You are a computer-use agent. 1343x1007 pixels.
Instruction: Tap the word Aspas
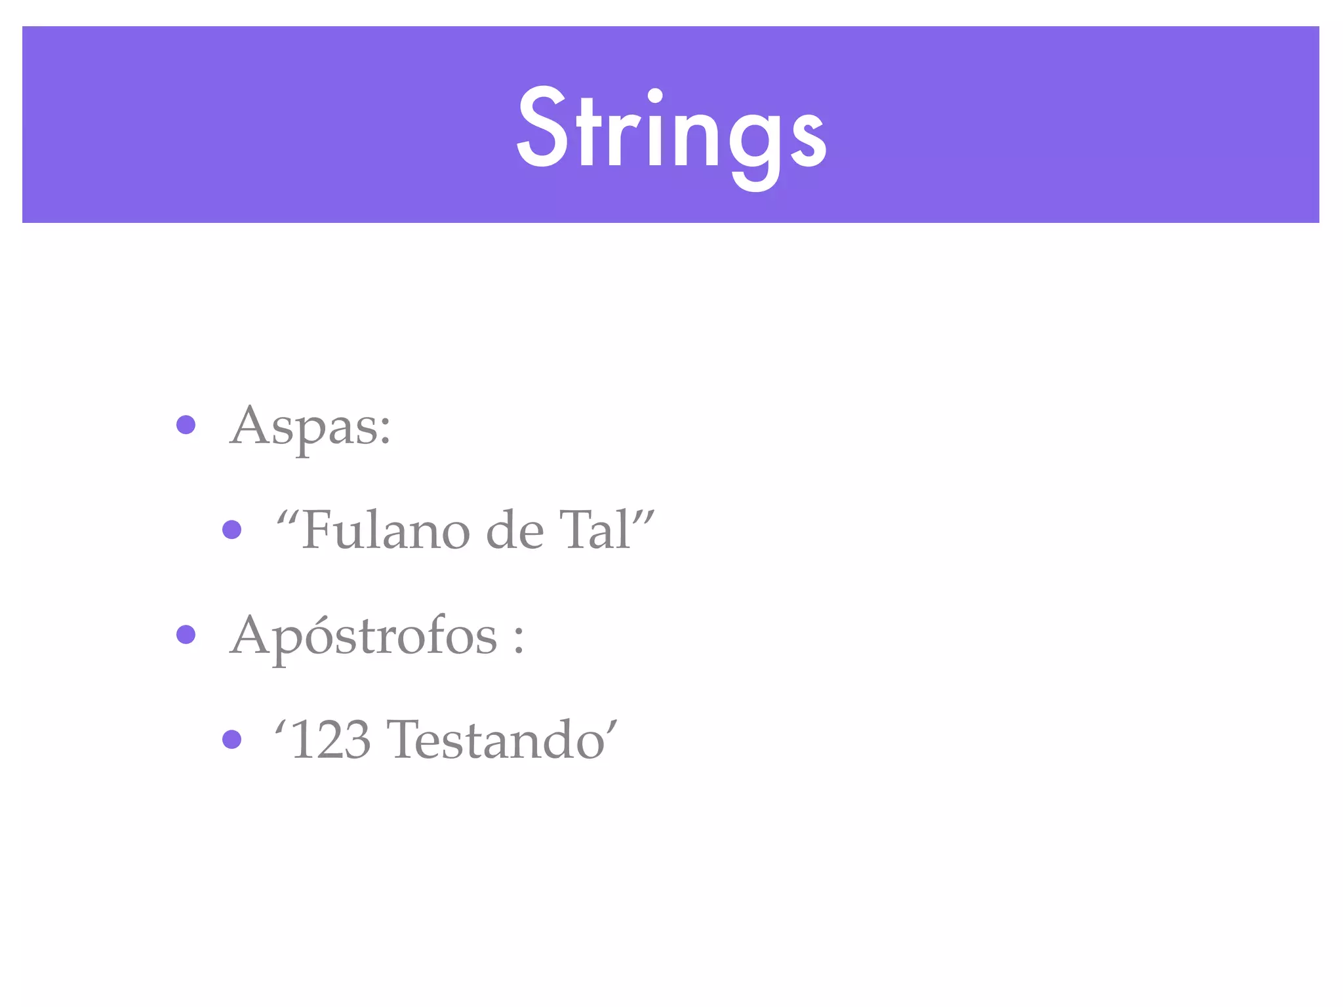pyautogui.click(x=303, y=426)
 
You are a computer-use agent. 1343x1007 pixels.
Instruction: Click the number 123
pyautogui.click(x=331, y=740)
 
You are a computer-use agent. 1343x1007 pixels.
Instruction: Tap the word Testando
pyautogui.click(x=496, y=740)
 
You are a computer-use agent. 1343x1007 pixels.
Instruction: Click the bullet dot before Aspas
pyautogui.click(x=186, y=425)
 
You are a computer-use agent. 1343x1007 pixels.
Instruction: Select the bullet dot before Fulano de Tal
pyautogui.click(x=231, y=529)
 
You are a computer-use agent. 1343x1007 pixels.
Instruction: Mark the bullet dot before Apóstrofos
pyautogui.click(x=186, y=635)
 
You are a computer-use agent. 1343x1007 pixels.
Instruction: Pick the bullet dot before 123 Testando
pyautogui.click(x=231, y=740)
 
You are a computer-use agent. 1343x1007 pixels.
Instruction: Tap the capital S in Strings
pyautogui.click(x=542, y=128)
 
